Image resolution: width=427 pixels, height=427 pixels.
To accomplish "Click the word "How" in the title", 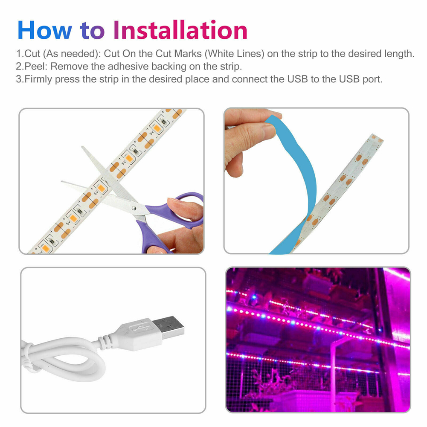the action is tap(45, 30).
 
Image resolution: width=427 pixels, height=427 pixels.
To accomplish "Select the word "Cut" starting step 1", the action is tap(32, 54).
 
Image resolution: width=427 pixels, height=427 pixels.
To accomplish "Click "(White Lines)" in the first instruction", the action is tap(234, 54).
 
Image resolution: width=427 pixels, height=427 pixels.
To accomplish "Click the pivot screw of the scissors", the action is tap(134, 208).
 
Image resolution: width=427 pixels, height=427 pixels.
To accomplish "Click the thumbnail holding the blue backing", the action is tap(270, 131).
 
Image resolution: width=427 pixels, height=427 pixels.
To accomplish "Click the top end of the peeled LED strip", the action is tap(377, 137).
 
